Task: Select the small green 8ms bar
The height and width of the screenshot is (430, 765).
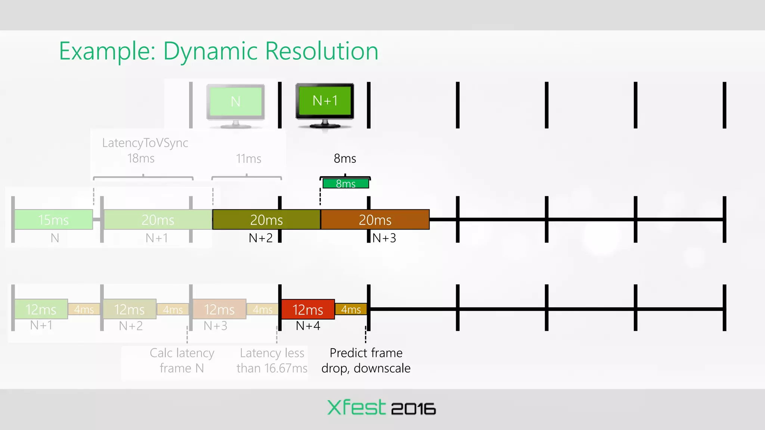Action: pos(346,184)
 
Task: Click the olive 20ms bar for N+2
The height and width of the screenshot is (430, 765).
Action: pos(266,220)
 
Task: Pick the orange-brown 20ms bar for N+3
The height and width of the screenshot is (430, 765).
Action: pos(375,220)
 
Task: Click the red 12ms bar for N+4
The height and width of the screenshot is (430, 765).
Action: pos(307,309)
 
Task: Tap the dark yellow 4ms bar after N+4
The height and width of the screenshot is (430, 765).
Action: pos(351,309)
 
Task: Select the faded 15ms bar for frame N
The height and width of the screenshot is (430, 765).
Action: pos(53,220)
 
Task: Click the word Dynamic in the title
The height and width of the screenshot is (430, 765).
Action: pos(210,51)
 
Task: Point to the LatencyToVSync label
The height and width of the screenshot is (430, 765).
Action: pos(145,143)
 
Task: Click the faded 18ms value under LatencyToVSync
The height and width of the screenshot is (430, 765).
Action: pos(141,159)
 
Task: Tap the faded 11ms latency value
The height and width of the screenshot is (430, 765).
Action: pos(248,159)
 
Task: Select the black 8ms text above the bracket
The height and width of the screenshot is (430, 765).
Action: pos(345,159)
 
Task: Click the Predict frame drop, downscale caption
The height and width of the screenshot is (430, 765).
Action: pos(366,361)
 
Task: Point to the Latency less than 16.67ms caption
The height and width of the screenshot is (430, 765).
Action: pos(272,361)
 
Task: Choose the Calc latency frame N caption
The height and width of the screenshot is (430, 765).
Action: pos(182,361)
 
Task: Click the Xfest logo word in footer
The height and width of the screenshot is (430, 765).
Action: pos(356,407)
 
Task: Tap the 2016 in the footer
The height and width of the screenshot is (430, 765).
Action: pos(413,409)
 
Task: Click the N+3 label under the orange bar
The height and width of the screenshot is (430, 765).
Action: pos(384,238)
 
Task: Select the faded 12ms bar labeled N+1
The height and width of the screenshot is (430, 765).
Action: pos(41,309)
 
